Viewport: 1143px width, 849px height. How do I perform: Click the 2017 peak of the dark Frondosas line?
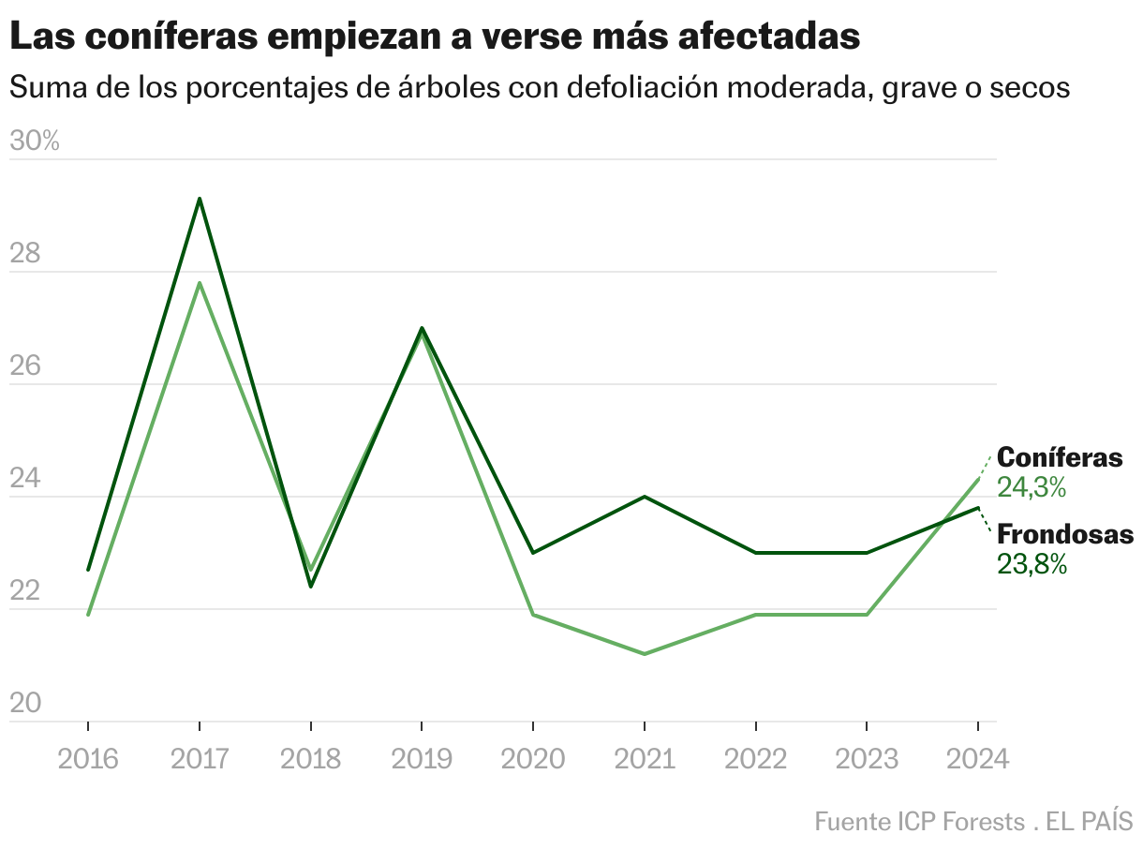pyautogui.click(x=200, y=199)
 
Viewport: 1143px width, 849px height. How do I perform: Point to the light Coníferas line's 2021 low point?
pyautogui.click(x=645, y=653)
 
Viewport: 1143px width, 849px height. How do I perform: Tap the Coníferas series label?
pyautogui.click(x=1059, y=457)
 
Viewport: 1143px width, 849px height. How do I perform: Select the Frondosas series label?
pyautogui.click(x=1064, y=534)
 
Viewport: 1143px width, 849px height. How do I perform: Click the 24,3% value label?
pyautogui.click(x=1032, y=487)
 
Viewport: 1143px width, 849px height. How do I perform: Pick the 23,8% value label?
pyautogui.click(x=1032, y=564)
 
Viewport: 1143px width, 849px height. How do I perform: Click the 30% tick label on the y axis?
pyautogui.click(x=34, y=141)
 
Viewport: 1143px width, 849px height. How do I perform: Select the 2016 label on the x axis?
pyautogui.click(x=88, y=758)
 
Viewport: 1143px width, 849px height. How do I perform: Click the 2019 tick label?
pyautogui.click(x=422, y=758)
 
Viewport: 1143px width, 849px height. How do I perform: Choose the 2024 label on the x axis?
pyautogui.click(x=977, y=758)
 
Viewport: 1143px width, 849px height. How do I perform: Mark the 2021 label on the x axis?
pyautogui.click(x=645, y=758)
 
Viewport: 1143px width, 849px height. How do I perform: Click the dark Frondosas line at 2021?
pyautogui.click(x=645, y=497)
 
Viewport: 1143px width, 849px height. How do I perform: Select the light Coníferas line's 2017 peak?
pyautogui.click(x=200, y=283)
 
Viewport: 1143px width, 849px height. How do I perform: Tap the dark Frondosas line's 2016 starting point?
pyautogui.click(x=88, y=570)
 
